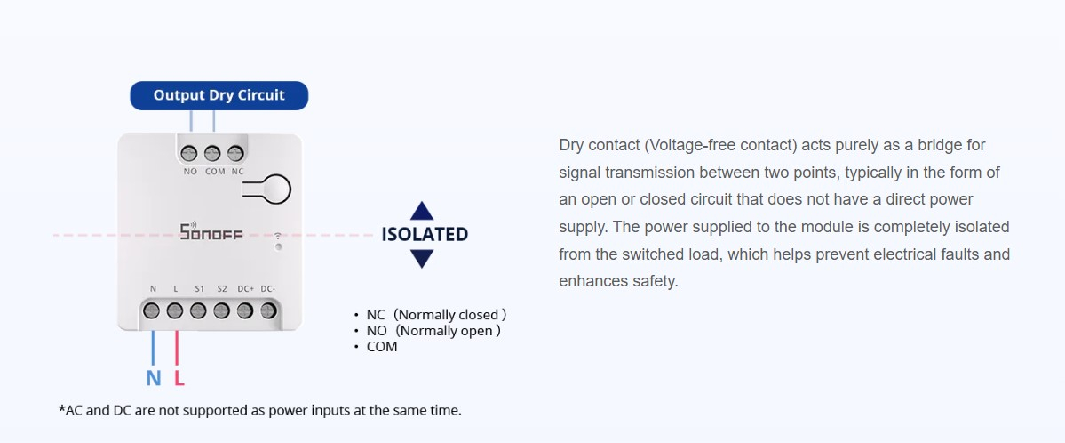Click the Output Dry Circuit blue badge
point(219,95)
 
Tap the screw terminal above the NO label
point(189,153)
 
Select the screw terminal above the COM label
point(212,153)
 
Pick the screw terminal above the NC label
point(235,153)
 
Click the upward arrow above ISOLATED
point(422,210)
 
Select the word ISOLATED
point(425,234)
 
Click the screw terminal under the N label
point(152,311)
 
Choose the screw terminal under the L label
point(175,311)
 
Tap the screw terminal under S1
point(198,311)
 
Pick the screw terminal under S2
point(221,311)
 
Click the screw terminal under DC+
point(245,311)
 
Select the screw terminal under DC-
point(268,311)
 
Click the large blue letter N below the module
point(154,378)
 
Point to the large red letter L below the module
point(179,378)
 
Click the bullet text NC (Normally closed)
point(436,315)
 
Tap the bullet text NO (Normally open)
point(433,332)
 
